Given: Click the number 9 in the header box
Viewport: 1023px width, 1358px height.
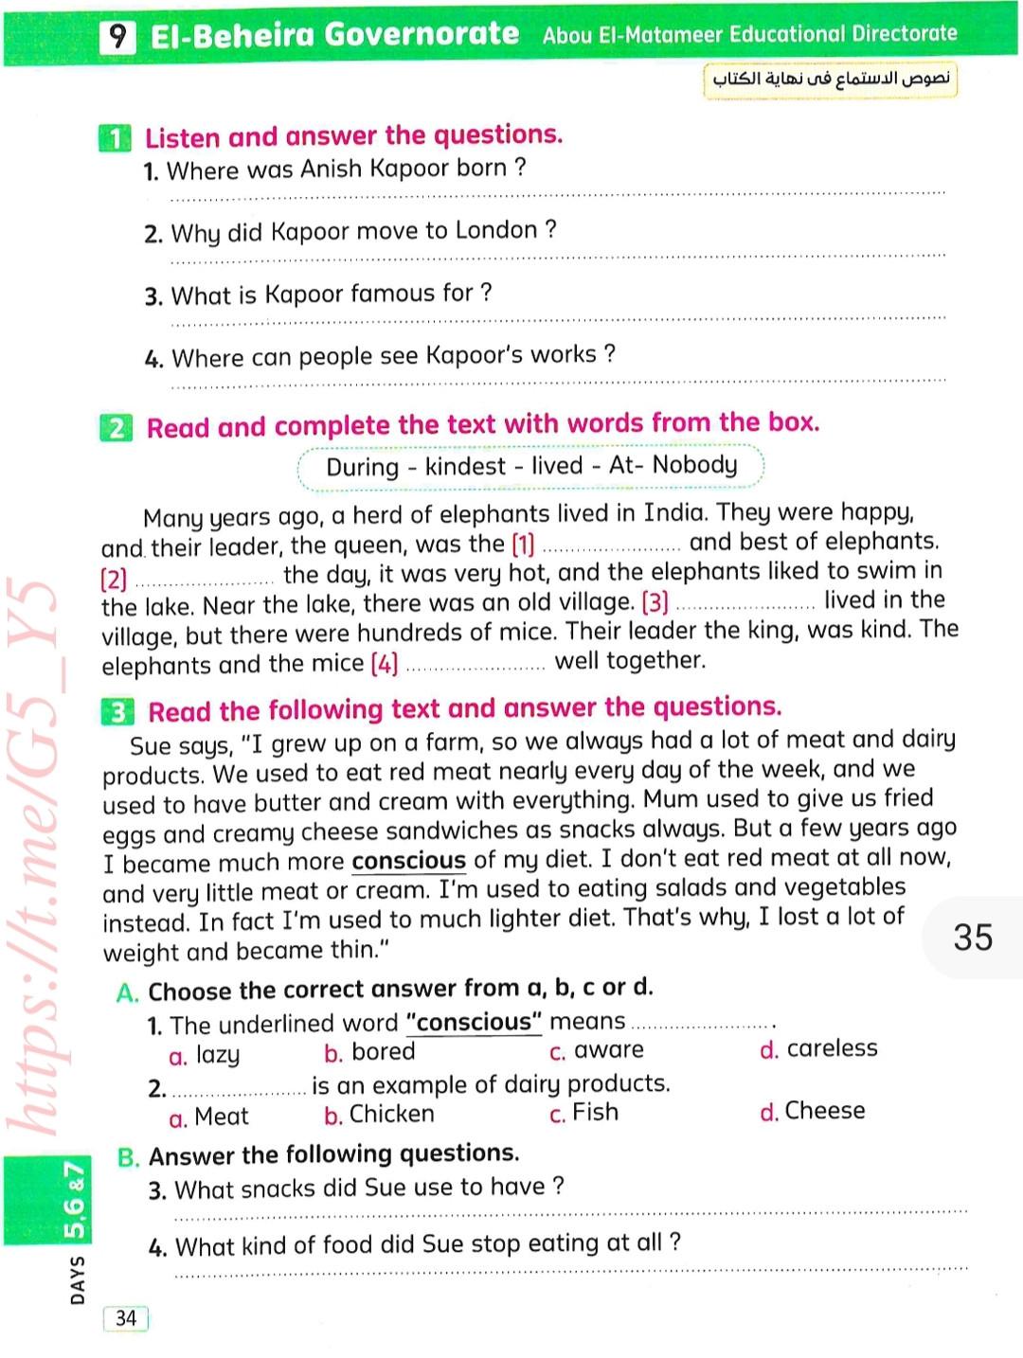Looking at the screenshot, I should click(x=117, y=36).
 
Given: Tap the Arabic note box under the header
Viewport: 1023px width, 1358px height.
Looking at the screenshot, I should click(x=831, y=79).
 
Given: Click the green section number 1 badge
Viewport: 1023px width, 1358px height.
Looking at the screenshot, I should click(x=115, y=138).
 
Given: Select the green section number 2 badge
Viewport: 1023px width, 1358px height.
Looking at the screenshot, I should click(x=116, y=428).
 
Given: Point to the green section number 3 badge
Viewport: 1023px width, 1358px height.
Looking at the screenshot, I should click(x=117, y=712).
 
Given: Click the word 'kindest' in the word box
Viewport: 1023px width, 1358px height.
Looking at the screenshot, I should click(x=465, y=466).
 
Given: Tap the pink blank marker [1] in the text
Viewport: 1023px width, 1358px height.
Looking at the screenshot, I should click(x=523, y=545).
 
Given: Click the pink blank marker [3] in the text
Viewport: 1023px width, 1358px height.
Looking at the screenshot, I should click(x=655, y=602).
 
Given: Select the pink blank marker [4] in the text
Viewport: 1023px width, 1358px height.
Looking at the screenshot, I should click(x=384, y=664).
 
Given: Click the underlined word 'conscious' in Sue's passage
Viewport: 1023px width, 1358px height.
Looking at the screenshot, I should click(x=408, y=861).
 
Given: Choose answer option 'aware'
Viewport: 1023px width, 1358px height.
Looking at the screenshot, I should click(x=608, y=1050).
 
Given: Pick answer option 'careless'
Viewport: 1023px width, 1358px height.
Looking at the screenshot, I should click(x=832, y=1048).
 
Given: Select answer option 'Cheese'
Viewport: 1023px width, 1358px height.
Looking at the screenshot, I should click(x=824, y=1110).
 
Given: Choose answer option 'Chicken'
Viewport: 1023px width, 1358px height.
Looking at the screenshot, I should click(x=391, y=1114).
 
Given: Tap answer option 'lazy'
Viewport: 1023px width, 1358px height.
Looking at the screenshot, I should click(x=217, y=1055).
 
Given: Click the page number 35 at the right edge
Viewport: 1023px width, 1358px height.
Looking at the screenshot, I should click(x=973, y=937).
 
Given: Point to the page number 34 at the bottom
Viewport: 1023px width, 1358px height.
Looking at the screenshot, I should click(x=126, y=1318).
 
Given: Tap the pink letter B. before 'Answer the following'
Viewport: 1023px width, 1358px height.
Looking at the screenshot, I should click(x=129, y=1157).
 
